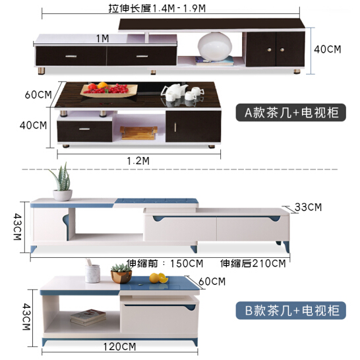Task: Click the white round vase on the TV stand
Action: tap(215, 47)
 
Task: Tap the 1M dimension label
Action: tap(102, 38)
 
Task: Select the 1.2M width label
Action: tap(138, 161)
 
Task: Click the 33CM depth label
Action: tap(308, 207)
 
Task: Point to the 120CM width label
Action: tap(119, 347)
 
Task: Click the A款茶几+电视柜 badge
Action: tap(291, 113)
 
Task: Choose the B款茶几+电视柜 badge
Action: tap(291, 311)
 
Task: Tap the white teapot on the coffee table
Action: tap(174, 92)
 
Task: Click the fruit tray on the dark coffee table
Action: tap(109, 91)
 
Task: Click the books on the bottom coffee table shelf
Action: tap(88, 317)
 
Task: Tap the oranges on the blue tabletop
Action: tap(158, 278)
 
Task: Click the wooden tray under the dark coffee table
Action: tap(138, 133)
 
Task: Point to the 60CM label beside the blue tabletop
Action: tap(212, 282)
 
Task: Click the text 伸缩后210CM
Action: tap(253, 263)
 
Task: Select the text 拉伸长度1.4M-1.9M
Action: tap(157, 9)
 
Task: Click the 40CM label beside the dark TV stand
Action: tap(328, 49)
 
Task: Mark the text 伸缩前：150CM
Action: tap(165, 263)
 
